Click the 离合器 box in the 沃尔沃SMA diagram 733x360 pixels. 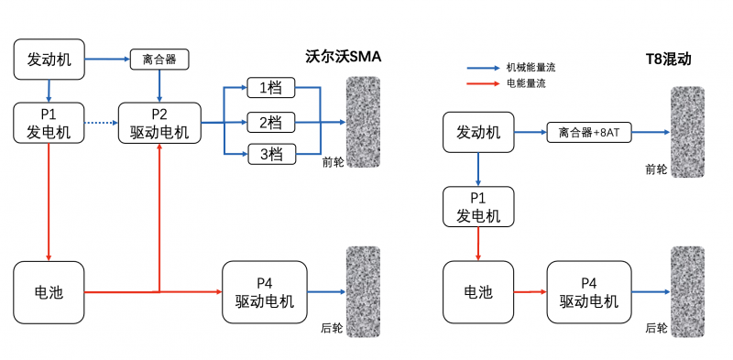click(159, 60)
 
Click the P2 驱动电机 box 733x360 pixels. click(159, 123)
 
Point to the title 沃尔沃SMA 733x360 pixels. click(343, 57)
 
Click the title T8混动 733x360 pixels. click(668, 60)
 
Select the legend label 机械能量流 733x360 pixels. click(531, 68)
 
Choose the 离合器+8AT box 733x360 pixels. click(589, 132)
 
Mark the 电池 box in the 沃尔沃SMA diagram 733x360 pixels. click(49, 292)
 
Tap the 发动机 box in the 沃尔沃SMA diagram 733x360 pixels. click(49, 60)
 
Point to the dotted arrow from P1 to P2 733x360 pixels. click(101, 123)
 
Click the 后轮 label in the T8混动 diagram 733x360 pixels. click(656, 327)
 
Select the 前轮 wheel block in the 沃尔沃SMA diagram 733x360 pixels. click(361, 122)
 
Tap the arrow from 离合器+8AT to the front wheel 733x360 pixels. click(651, 132)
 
